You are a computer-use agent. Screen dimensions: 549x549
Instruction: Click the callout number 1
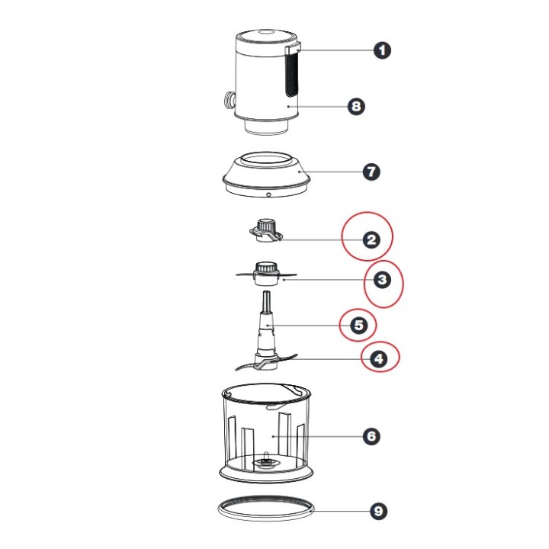(x=382, y=50)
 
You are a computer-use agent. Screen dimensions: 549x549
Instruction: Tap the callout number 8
(x=356, y=106)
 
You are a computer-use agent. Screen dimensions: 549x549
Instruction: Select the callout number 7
(x=371, y=172)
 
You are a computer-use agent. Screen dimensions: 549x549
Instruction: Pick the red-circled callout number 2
(x=371, y=240)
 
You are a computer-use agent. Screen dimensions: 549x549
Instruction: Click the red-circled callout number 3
(x=382, y=280)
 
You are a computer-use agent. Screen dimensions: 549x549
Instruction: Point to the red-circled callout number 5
(x=359, y=326)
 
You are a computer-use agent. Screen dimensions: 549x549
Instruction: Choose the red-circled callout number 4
(x=379, y=359)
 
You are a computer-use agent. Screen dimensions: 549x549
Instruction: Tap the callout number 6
(x=371, y=436)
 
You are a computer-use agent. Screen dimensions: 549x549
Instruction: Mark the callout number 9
(x=379, y=511)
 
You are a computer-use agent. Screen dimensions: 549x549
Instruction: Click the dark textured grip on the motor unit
(x=291, y=75)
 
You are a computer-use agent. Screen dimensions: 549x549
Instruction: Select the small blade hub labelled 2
(x=265, y=231)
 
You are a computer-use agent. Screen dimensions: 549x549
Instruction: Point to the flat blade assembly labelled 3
(x=266, y=274)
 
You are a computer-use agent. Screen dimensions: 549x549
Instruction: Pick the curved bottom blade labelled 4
(x=266, y=362)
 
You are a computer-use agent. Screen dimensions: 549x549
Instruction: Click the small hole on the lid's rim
(x=268, y=194)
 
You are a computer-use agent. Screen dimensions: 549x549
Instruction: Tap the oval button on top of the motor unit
(x=266, y=33)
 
